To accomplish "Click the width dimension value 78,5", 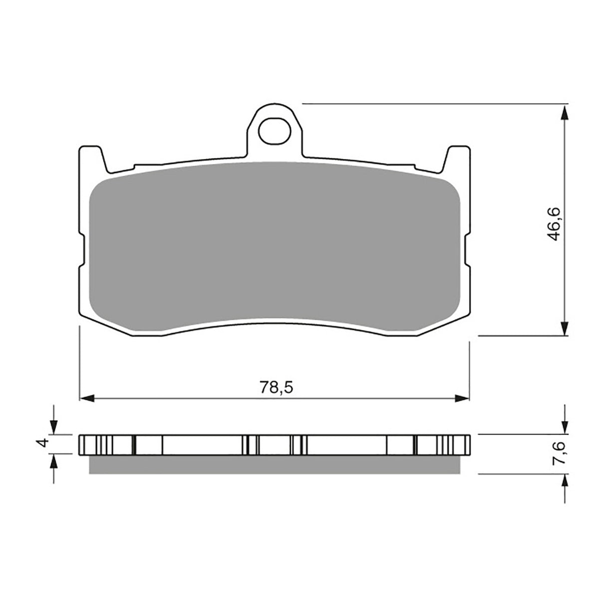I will click(x=275, y=387).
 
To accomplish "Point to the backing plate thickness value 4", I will click(x=44, y=443).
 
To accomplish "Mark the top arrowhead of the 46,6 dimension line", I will click(x=565, y=112).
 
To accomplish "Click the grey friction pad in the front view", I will click(x=275, y=245).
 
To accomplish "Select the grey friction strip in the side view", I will click(x=275, y=464).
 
